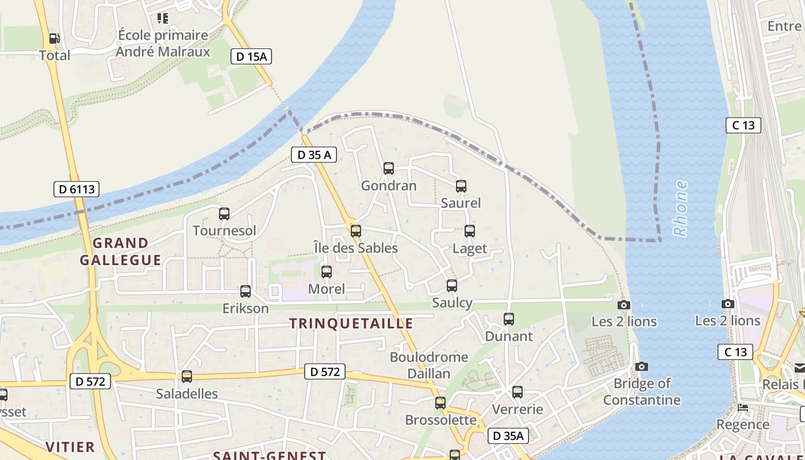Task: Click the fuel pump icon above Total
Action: tap(54, 39)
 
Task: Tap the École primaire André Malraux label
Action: tap(163, 43)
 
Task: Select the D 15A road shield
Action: tap(251, 56)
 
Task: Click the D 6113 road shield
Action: tap(76, 189)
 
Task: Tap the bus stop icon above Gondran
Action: tap(389, 168)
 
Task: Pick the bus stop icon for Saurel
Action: tap(461, 186)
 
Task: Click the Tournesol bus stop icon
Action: tap(224, 214)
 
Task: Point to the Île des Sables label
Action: tap(356, 248)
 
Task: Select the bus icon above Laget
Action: tap(470, 231)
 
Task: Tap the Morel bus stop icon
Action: tap(327, 271)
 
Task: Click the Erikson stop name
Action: tap(246, 308)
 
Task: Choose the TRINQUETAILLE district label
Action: tap(351, 323)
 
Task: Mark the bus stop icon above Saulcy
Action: tap(452, 285)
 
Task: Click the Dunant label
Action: tap(509, 336)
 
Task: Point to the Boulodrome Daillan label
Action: tap(429, 365)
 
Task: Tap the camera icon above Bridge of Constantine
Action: tap(642, 366)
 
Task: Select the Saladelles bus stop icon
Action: tap(187, 377)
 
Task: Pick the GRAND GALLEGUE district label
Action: tap(121, 251)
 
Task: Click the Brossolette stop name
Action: tap(441, 420)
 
